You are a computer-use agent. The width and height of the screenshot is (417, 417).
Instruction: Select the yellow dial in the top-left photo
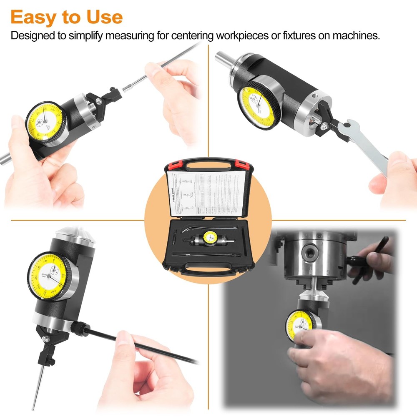(x=45, y=123)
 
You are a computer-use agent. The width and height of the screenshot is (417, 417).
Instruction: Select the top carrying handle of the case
(x=207, y=163)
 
